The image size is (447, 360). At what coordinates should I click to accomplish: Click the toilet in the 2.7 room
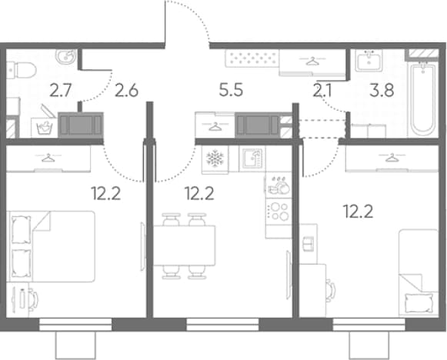point(21,70)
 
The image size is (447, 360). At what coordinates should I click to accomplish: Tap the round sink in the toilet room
point(66,56)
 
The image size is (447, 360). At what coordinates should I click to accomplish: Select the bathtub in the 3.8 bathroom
point(422,99)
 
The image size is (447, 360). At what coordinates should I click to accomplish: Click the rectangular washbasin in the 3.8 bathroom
point(369,61)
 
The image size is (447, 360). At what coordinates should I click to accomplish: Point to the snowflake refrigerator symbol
point(215,158)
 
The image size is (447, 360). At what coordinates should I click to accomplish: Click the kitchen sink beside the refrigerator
point(252,158)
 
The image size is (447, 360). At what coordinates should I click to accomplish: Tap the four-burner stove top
point(279,212)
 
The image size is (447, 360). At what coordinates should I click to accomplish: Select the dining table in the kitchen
point(185,245)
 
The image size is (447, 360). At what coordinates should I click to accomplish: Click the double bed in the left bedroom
point(51,247)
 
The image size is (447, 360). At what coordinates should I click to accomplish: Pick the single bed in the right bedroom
point(419,272)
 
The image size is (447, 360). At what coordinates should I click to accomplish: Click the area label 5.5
point(231,90)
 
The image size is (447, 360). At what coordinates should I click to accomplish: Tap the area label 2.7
point(60,90)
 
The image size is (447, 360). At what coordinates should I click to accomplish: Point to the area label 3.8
point(382,90)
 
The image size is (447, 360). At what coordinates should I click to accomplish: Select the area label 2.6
point(127,90)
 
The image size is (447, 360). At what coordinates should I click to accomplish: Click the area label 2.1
point(322,91)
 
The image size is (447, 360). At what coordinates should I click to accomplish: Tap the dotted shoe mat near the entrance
point(252,58)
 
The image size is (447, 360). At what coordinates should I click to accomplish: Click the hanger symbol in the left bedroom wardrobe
point(48,158)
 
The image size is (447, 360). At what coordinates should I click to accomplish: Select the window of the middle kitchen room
point(222,325)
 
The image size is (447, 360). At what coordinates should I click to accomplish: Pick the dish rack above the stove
point(279,185)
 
